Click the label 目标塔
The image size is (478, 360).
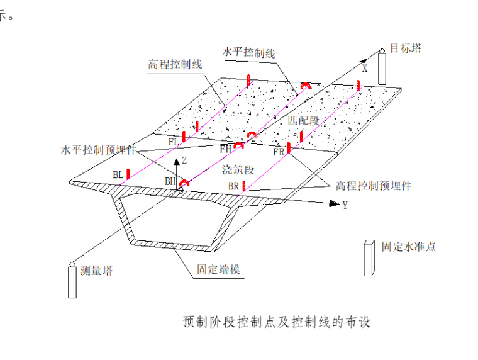click(406, 48)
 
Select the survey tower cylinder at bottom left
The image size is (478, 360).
click(72, 281)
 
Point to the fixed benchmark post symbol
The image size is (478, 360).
click(369, 258)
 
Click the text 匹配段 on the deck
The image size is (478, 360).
click(304, 120)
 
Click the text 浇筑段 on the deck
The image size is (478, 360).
click(238, 169)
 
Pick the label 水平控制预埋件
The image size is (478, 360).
click(98, 150)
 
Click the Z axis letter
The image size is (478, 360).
click(184, 161)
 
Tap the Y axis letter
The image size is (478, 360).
click(345, 205)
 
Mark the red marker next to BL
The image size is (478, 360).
click(128, 174)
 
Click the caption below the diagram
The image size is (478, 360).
click(277, 322)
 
